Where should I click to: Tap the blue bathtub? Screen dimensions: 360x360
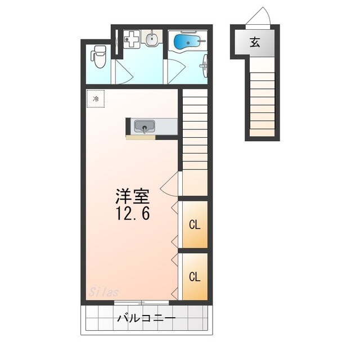click(x=186, y=42)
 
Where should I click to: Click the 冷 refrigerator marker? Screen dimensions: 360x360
click(x=95, y=99)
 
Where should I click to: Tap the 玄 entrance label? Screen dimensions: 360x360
click(x=255, y=42)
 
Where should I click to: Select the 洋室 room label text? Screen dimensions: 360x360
click(x=132, y=197)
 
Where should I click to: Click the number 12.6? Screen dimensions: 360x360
click(x=133, y=214)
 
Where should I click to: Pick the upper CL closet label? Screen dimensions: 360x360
click(x=195, y=225)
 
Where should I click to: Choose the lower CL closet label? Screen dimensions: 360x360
click(x=195, y=276)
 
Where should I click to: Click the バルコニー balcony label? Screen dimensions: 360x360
click(x=146, y=318)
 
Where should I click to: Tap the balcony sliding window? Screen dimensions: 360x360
click(x=141, y=303)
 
